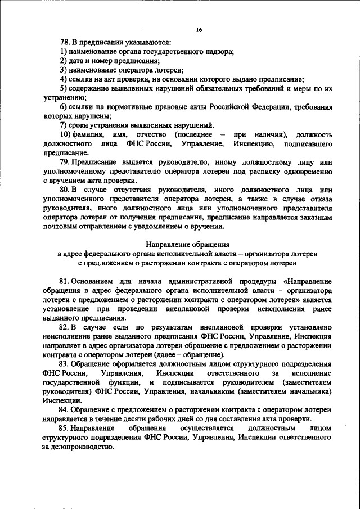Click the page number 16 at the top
coord(199,30)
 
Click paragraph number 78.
coord(65,42)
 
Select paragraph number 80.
coord(65,190)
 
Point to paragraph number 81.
coord(65,281)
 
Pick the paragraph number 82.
coord(65,326)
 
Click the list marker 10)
coord(65,135)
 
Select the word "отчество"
coord(154,135)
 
